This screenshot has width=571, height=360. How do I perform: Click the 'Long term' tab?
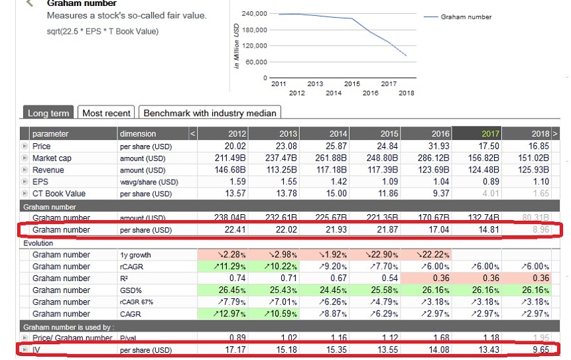(48, 113)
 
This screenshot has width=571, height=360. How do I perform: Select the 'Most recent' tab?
(106, 113)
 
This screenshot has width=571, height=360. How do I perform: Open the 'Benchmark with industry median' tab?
(210, 113)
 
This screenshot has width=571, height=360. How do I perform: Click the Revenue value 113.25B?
(279, 170)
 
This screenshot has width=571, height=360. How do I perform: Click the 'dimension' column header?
(138, 134)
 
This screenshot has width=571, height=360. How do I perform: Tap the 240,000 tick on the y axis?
(254, 13)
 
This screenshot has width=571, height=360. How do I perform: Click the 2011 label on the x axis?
(279, 84)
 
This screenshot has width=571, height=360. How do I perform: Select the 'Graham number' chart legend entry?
(466, 17)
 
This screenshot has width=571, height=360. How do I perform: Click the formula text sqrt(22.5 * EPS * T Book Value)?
(103, 31)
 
